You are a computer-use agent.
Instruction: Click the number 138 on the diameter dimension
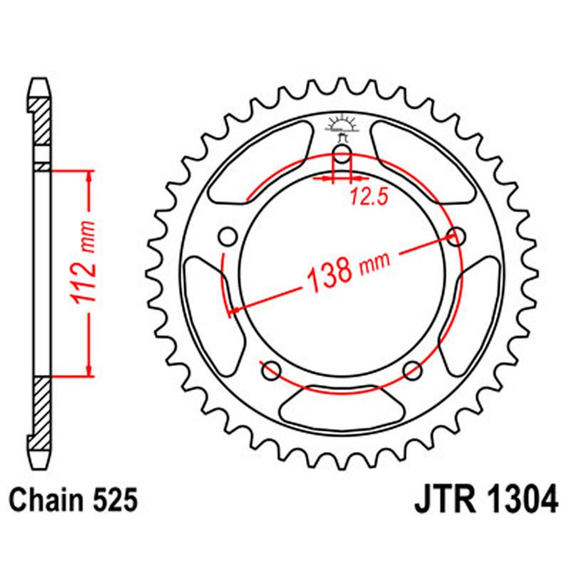[x=329, y=271]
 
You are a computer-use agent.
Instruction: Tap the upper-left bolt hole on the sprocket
[x=229, y=237]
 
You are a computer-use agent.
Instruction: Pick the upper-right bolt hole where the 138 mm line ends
[x=456, y=236]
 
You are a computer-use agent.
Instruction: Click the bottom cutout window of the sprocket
[x=341, y=408]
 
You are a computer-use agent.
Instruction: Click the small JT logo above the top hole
[x=342, y=127]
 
